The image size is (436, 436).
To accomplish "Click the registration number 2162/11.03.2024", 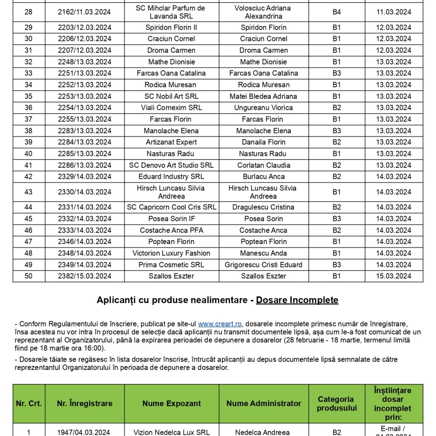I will pos(85,12).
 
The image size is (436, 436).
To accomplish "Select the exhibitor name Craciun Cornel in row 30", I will pos(171,39).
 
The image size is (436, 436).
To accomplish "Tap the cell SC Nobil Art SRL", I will pos(171,96).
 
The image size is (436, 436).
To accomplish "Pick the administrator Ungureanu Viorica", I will pos(264,108).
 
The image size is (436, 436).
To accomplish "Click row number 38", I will pos(29,131).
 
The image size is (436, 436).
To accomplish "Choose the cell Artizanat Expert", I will pos(171,142).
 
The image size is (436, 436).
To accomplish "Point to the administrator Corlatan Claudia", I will pos(264,165).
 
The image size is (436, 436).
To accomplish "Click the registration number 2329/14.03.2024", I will pos(85,177).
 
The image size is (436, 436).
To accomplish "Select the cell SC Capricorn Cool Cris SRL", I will pos(172,207).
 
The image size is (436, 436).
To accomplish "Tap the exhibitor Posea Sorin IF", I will pos(171,219).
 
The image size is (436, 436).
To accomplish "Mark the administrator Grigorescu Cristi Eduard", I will pos(264,265).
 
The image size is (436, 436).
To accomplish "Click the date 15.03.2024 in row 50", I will pos(393,276).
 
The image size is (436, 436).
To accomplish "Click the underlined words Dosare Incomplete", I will pos(297,300).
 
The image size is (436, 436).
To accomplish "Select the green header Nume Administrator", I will pos(264,404).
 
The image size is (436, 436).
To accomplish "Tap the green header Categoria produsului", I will pos(336,404).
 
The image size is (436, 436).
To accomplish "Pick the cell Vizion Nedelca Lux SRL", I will pos(171,432).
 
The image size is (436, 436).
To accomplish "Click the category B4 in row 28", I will pos(336,12).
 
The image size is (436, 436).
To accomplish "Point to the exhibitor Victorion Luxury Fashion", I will pos(171,253).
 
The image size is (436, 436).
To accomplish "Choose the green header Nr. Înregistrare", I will pos(85,404).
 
